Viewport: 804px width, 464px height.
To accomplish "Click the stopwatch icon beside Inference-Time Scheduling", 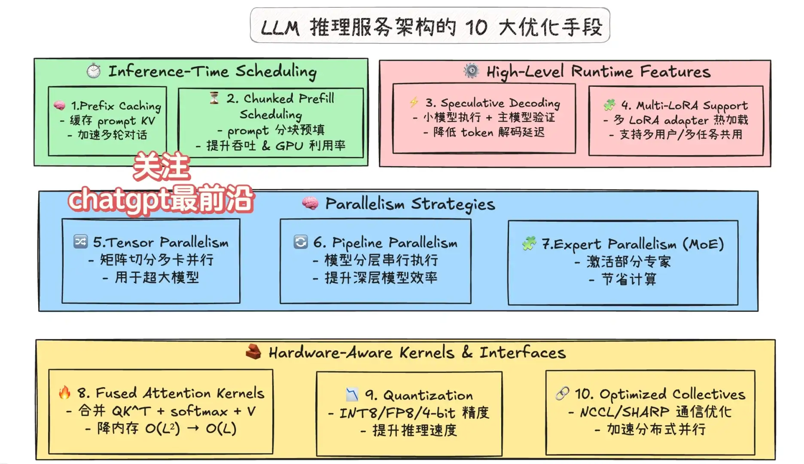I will pyautogui.click(x=94, y=70).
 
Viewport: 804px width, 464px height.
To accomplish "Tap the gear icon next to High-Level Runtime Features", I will pyautogui.click(x=471, y=70).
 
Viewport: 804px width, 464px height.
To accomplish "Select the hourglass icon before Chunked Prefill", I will pyautogui.click(x=214, y=98).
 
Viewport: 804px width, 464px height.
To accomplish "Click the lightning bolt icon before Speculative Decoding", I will pyautogui.click(x=414, y=102).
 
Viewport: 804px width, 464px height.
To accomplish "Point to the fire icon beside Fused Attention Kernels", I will pyautogui.click(x=64, y=392).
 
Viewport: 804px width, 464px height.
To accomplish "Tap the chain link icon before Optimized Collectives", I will pyautogui.click(x=562, y=393).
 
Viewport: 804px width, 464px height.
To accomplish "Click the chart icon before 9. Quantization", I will pyautogui.click(x=352, y=394).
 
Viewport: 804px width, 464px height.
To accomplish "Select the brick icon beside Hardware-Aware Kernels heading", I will pyautogui.click(x=253, y=351).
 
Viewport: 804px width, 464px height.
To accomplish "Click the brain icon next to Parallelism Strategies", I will pyautogui.click(x=310, y=203).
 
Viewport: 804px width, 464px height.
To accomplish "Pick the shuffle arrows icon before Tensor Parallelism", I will pyautogui.click(x=80, y=241).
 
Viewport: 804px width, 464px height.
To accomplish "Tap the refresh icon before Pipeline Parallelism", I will pyautogui.click(x=301, y=242).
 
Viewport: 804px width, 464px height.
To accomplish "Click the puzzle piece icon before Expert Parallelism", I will pyautogui.click(x=529, y=243).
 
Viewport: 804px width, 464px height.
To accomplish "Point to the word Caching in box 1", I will pyautogui.click(x=140, y=106).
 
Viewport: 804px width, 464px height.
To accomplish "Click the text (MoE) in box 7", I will pyautogui.click(x=703, y=244).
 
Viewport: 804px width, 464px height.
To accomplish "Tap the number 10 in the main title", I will pyautogui.click(x=476, y=27).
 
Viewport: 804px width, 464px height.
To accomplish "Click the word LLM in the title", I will pyautogui.click(x=280, y=28).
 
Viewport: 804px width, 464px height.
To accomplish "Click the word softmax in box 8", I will pyautogui.click(x=199, y=411).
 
